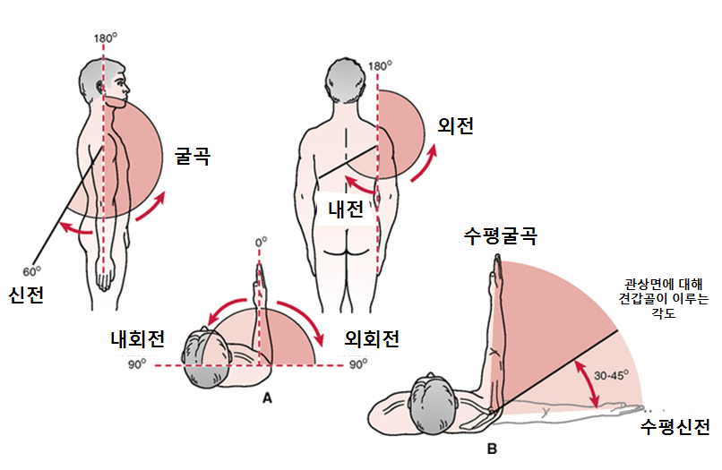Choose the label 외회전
coord(371,339)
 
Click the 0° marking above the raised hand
coord(262,242)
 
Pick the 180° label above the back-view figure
coord(380,65)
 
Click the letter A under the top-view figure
coord(266,400)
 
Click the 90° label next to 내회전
coord(138,365)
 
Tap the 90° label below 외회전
coord(358,365)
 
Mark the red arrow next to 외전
coord(428,161)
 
